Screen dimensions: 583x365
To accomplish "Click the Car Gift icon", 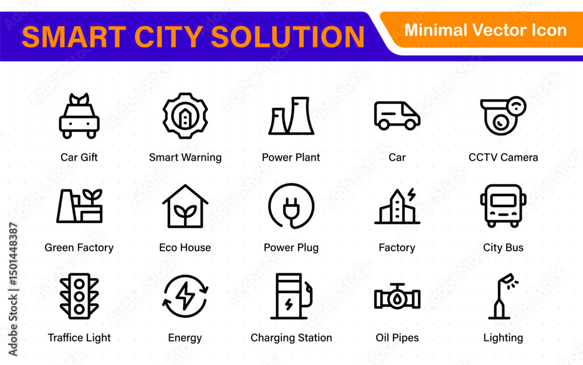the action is [x=79, y=116].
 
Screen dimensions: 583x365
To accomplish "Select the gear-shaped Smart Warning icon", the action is [x=185, y=116].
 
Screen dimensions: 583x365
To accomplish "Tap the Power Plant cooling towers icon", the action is [x=291, y=116].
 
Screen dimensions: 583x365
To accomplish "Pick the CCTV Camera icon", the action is [x=503, y=116].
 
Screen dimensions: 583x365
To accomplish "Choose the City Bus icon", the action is [x=503, y=206].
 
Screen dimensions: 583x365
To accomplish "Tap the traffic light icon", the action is [x=79, y=296].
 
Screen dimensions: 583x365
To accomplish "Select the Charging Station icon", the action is [x=291, y=296].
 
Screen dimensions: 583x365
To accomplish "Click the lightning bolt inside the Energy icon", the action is [x=185, y=296].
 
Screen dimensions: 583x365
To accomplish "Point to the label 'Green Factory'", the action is [x=79, y=248].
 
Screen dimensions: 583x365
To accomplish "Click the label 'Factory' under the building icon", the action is [x=396, y=248].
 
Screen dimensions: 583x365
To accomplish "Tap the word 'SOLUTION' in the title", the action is [x=287, y=37].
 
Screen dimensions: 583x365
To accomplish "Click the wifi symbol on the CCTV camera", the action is [x=517, y=106].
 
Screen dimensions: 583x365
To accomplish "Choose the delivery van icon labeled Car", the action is [x=397, y=116].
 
